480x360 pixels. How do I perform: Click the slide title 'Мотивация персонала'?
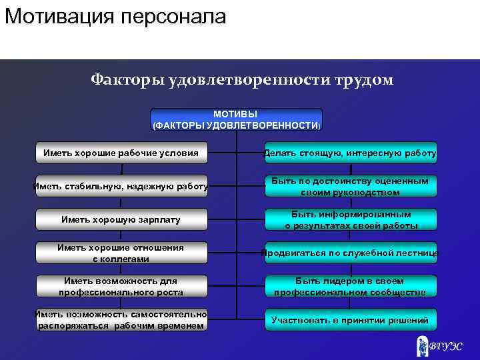[115, 16]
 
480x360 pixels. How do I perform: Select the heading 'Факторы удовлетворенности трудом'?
[242, 81]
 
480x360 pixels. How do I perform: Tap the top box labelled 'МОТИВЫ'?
[236, 119]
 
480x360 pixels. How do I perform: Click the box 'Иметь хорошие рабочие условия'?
[121, 153]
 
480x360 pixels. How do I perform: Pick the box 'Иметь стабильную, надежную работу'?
[121, 187]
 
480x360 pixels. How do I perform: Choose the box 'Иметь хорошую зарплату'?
[121, 219]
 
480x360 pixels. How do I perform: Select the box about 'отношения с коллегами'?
[121, 253]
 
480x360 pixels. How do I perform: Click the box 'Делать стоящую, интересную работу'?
[351, 153]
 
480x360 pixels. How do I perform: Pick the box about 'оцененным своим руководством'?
[351, 187]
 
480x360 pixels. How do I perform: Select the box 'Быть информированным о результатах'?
[351, 220]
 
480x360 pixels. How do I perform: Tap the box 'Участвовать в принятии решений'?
[351, 320]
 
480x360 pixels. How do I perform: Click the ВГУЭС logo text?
[445, 346]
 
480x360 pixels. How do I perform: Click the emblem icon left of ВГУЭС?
[422, 345]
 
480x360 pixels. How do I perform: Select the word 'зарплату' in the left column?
[159, 219]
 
